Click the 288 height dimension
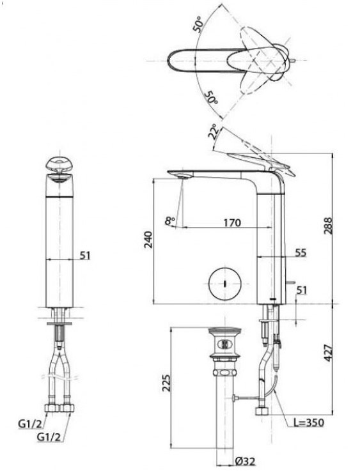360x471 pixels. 328,226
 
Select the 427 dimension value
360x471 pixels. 328,353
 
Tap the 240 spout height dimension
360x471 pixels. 148,240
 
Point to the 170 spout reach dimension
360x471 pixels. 232,222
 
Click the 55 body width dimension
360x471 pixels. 300,252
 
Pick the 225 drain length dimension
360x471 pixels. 166,383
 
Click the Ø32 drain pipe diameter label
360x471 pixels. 245,461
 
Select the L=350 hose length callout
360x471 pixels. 309,422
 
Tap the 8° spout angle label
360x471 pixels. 170,221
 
